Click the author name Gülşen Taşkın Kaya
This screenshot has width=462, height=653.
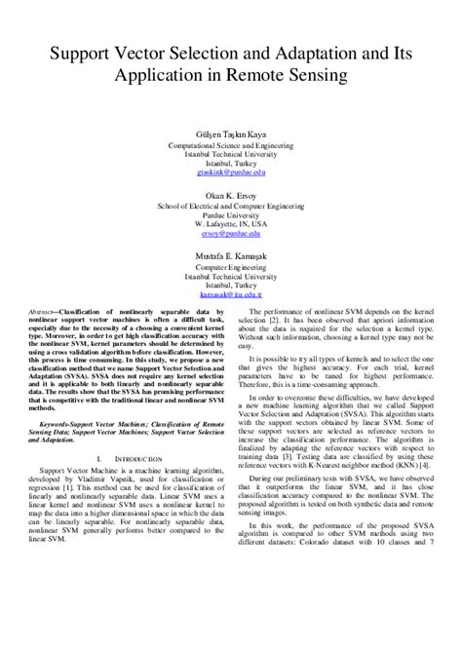(x=231, y=135)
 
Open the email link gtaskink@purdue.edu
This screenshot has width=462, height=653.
(x=231, y=173)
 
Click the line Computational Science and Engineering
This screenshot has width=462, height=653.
(x=231, y=145)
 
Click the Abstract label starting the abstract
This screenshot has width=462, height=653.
(x=55, y=312)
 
